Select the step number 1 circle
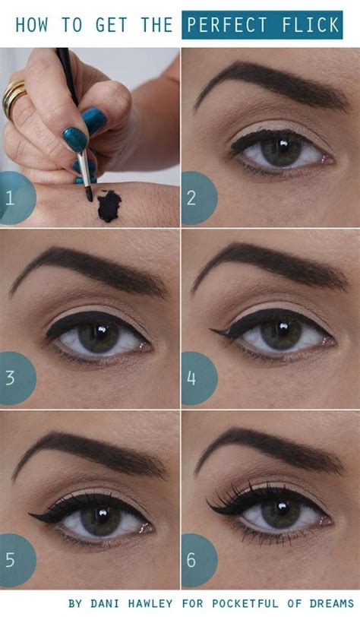[14, 198]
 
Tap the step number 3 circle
[14, 378]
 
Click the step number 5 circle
[14, 560]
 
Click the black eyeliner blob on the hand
[109, 206]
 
